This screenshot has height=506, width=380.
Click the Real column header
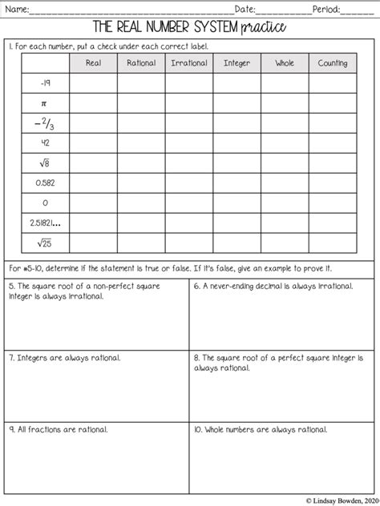pyautogui.click(x=93, y=62)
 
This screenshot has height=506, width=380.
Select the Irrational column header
pyautogui.click(x=189, y=62)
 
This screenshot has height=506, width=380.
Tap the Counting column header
pyautogui.click(x=333, y=62)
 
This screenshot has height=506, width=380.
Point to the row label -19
pyautogui.click(x=45, y=83)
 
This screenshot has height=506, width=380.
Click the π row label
pyautogui.click(x=45, y=103)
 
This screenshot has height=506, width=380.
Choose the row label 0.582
pyautogui.click(x=45, y=183)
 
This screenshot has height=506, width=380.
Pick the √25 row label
pyautogui.click(x=45, y=243)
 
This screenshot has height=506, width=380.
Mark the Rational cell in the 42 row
pyautogui.click(x=141, y=143)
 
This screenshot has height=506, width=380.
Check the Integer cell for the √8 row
pyautogui.click(x=236, y=163)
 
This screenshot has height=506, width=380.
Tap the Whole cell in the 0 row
pyautogui.click(x=285, y=203)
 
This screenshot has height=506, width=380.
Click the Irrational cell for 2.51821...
pyautogui.click(x=189, y=223)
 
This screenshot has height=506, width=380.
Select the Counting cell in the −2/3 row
pyautogui.click(x=333, y=123)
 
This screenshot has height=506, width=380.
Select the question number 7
pyautogui.click(x=11, y=358)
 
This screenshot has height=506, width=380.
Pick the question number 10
pyautogui.click(x=199, y=430)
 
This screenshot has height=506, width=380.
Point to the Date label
pyautogui.click(x=245, y=9)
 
